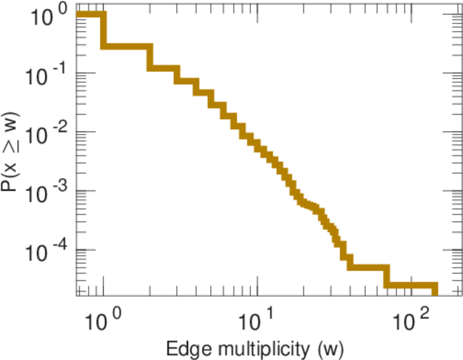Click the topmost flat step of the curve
tap(90, 14)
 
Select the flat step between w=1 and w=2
tap(127, 46)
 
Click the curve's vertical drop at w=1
tap(104, 30)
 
